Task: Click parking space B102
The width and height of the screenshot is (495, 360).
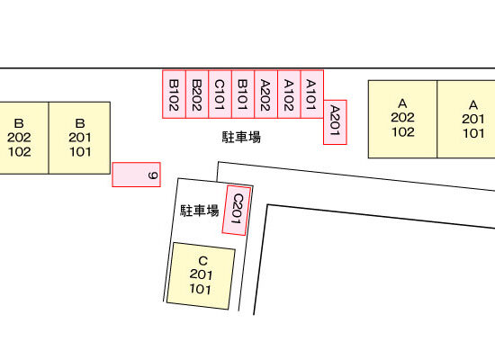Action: coord(174,94)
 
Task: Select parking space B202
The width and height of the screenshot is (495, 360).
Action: coord(197,94)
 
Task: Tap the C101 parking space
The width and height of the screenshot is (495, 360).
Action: coord(220,94)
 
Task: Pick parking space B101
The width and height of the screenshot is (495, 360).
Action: coord(243,94)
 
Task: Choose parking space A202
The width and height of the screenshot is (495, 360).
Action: coord(266,94)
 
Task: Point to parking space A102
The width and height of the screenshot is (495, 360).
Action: coord(289,94)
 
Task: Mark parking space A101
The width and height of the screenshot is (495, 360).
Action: coord(312,94)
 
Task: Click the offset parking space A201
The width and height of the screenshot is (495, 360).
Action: coord(335,122)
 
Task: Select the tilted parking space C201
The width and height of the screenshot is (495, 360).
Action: coord(237,211)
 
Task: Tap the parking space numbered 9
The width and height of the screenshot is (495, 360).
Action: coord(137,175)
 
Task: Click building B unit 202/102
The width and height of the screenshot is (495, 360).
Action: coord(24,138)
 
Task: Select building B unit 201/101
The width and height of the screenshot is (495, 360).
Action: coord(79,138)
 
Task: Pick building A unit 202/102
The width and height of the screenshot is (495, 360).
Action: coord(402,119)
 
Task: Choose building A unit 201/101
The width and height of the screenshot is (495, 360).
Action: coord(466,119)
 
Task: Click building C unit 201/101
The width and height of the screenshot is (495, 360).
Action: coord(201,276)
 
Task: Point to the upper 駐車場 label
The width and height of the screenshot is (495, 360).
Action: coord(241,138)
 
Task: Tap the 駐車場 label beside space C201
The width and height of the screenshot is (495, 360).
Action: coord(200,211)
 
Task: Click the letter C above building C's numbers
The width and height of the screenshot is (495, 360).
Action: coord(202,261)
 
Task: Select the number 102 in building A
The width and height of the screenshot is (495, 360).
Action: coord(403,132)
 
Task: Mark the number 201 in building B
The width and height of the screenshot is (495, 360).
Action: coord(80,138)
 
